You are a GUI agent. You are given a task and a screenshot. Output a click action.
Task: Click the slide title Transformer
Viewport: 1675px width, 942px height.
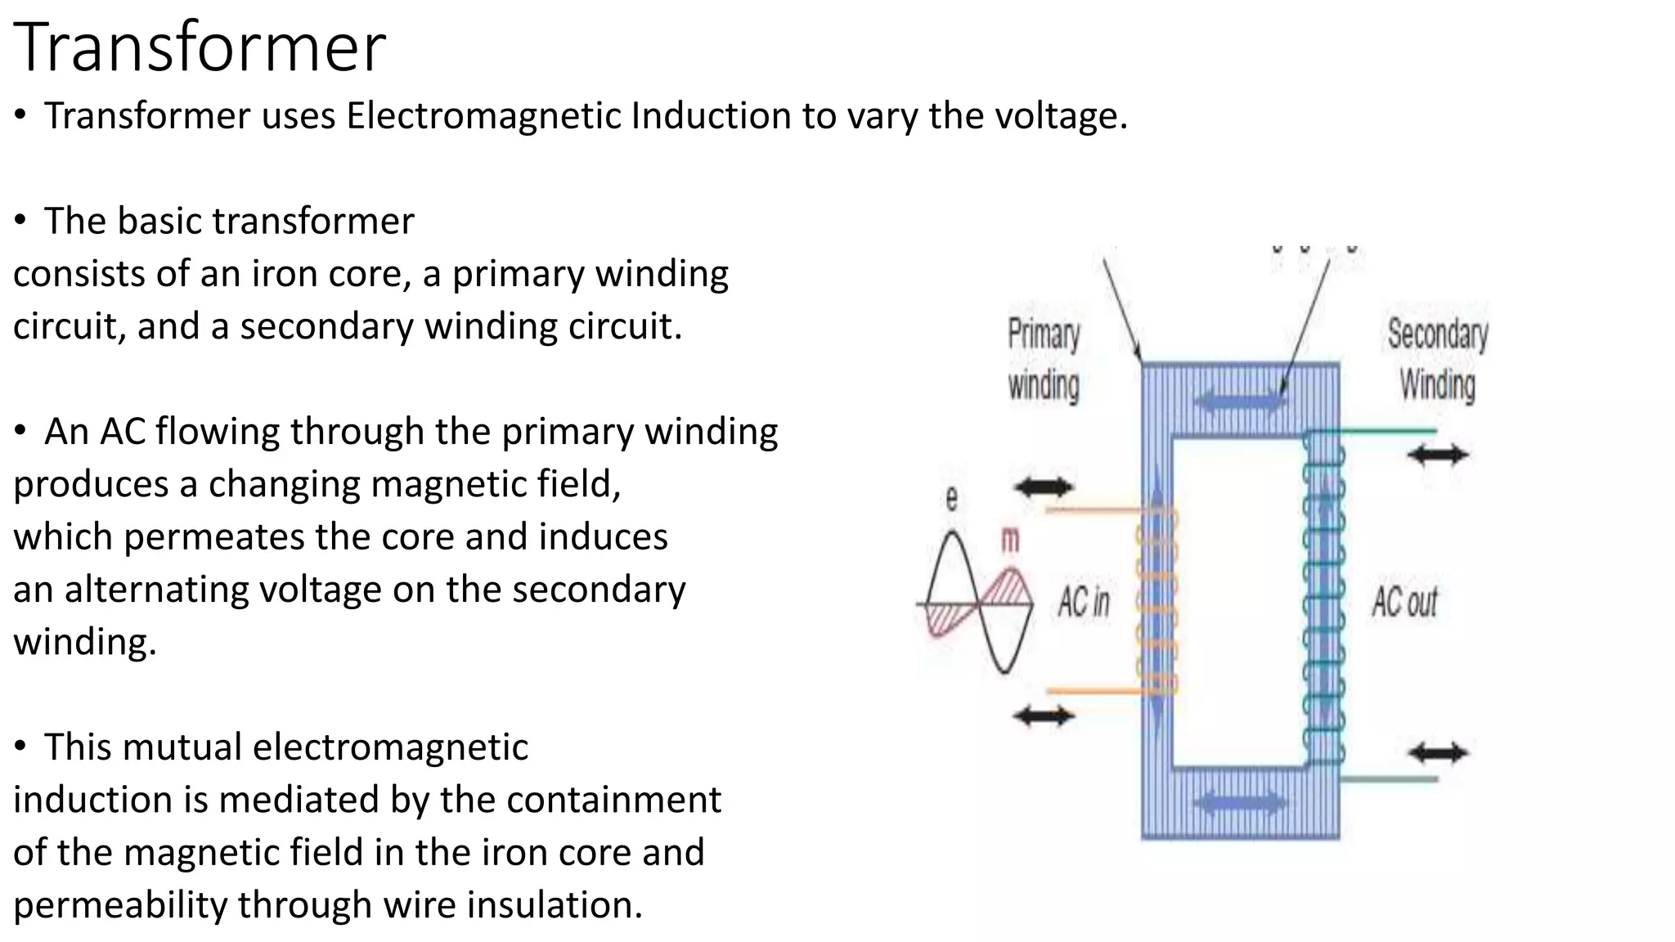pos(200,47)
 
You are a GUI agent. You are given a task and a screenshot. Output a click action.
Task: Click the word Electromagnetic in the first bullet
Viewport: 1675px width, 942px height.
pos(484,115)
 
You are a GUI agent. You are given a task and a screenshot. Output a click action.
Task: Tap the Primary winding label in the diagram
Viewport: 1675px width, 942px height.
pos(1044,360)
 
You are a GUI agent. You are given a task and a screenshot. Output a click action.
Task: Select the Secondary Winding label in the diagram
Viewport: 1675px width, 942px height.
pos(1437,360)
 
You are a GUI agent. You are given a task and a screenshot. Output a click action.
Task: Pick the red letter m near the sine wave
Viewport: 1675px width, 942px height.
pos(1011,540)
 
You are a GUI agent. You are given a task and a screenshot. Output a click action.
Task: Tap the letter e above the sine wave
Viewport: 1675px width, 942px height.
pos(951,498)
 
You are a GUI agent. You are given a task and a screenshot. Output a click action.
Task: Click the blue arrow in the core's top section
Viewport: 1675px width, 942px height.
pos(1240,401)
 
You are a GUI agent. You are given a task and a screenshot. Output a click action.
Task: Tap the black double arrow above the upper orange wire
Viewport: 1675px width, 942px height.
pos(1044,488)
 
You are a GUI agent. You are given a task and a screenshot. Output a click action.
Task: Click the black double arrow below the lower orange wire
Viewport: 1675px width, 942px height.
pos(1044,717)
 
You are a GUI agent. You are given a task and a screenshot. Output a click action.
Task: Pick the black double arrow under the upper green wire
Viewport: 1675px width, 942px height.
pos(1438,455)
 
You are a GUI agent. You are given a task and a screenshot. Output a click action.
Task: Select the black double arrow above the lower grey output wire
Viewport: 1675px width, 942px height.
pos(1438,752)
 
